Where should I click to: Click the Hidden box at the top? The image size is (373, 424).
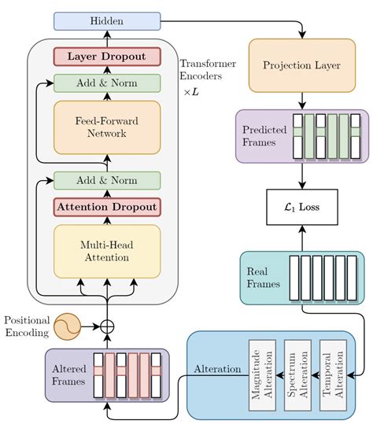(x=106, y=20)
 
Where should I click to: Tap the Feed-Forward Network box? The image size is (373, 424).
(x=106, y=127)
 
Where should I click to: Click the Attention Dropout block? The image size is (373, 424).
(x=106, y=207)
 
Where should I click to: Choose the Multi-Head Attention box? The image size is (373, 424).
(x=106, y=251)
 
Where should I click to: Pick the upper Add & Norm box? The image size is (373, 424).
(x=106, y=83)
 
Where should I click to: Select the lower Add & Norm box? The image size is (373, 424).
(x=106, y=180)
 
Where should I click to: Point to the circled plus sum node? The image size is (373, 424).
(x=106, y=325)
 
